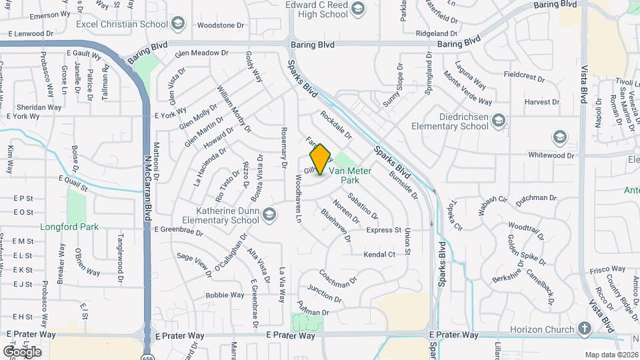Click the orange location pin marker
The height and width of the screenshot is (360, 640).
pyautogui.click(x=321, y=159)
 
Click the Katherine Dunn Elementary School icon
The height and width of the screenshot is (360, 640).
pyautogui.click(x=269, y=213)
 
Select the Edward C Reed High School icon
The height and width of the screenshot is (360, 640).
pyautogui.click(x=358, y=8)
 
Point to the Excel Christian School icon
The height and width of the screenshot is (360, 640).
pyautogui.click(x=177, y=25)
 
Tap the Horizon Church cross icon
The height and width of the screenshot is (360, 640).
pyautogui.click(x=584, y=329)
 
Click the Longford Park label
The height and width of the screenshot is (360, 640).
pyautogui.click(x=69, y=227)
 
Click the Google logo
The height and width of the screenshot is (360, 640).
pyautogui.click(x=22, y=351)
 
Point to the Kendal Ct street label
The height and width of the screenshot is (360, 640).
pyautogui.click(x=379, y=255)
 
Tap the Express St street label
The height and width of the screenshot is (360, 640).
pyautogui.click(x=383, y=230)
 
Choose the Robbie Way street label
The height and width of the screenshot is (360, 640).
pyautogui.click(x=225, y=295)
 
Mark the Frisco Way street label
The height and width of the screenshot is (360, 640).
pyautogui.click(x=607, y=269)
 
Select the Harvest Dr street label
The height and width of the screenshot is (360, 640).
pyautogui.click(x=541, y=102)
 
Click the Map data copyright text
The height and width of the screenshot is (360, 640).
pyautogui.click(x=611, y=355)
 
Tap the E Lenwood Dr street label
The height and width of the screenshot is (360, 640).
pyautogui.click(x=31, y=33)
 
